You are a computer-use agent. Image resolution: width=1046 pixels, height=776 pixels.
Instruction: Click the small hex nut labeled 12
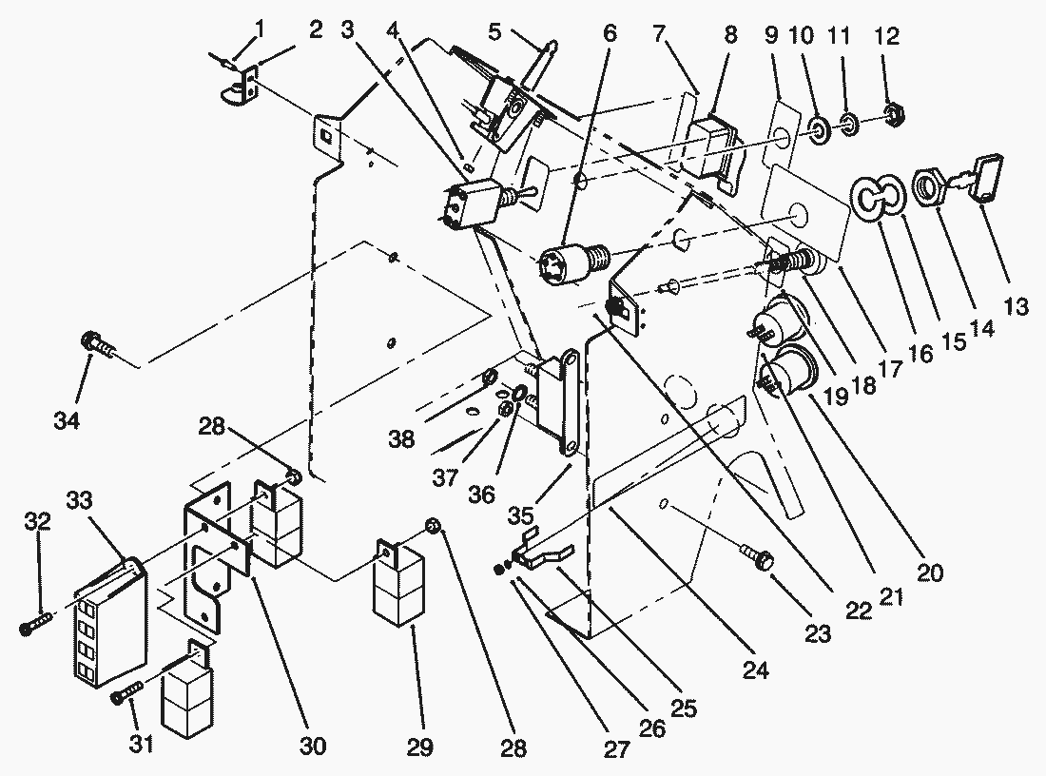pyautogui.click(x=892, y=116)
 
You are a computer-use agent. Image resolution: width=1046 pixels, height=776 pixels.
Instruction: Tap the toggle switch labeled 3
pyautogui.click(x=470, y=202)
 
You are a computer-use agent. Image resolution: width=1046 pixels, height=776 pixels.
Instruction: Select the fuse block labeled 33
pyautogui.click(x=107, y=623)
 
